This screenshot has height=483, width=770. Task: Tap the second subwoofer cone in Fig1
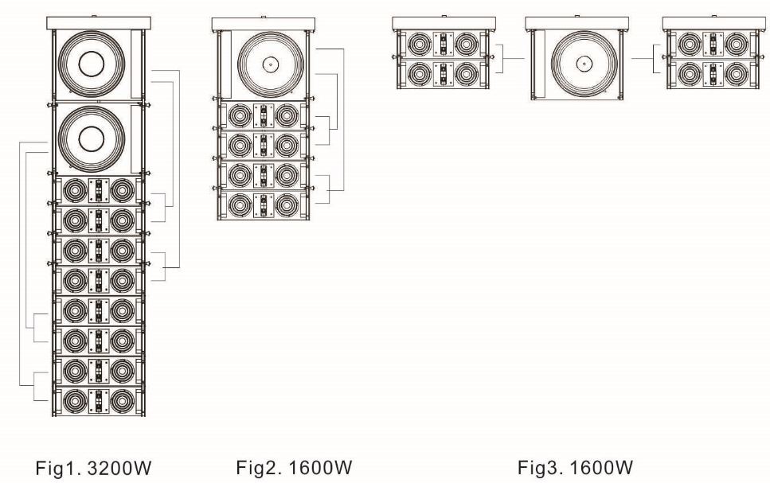tap(92, 142)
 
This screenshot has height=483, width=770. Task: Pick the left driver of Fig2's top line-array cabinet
tap(239, 117)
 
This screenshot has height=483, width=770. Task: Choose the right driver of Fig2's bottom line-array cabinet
tap(287, 205)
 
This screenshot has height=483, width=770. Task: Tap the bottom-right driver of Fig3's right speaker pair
tap(737, 73)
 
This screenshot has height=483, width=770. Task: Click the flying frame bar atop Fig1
tap(94, 21)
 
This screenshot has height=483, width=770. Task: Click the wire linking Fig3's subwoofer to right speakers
tap(641, 58)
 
